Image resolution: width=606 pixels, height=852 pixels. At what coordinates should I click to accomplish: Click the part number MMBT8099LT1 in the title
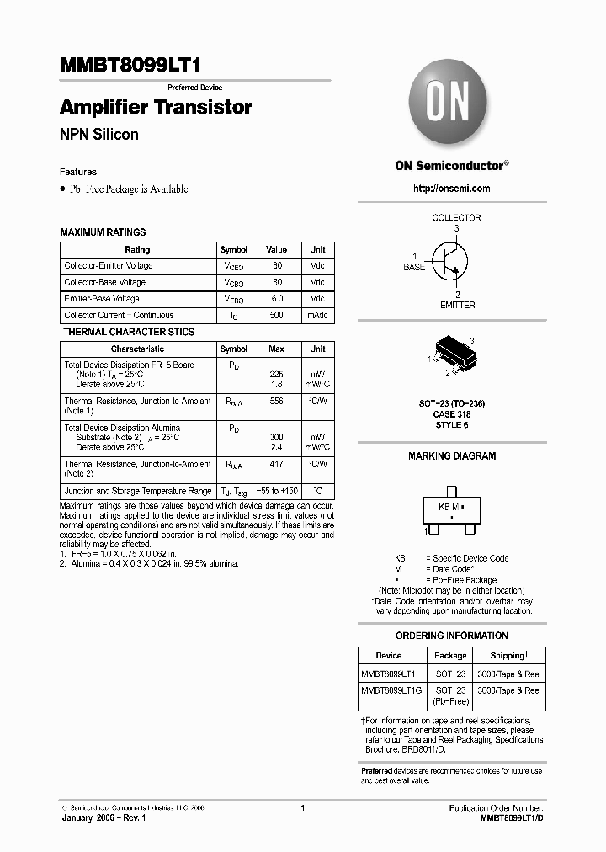coord(130,66)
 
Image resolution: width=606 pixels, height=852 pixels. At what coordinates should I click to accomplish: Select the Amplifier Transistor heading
coord(156,108)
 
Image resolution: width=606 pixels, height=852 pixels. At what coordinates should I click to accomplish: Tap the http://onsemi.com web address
coord(452,189)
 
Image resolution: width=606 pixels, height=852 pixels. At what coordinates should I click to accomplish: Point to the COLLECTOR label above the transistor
coord(456,217)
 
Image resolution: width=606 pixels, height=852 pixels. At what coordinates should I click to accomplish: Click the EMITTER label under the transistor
coord(457,305)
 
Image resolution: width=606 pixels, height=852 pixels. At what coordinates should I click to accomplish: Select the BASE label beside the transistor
coord(414,266)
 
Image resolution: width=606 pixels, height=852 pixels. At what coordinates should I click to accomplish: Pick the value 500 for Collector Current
coord(277,315)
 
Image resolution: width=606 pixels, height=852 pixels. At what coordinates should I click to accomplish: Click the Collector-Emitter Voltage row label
coord(109,266)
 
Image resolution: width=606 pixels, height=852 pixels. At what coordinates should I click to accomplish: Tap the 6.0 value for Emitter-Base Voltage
coord(277,299)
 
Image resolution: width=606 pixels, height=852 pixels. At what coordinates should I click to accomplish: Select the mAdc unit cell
coord(317,315)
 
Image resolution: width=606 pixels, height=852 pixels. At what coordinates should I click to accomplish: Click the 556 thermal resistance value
coord(277,402)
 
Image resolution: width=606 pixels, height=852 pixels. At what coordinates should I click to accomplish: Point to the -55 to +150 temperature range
coord(277,491)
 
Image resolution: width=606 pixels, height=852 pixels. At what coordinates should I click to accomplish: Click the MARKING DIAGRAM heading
coord(452,455)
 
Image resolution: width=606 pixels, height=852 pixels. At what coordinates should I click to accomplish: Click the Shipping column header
coord(509,655)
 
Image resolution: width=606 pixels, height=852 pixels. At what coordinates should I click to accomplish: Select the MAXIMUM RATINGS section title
coord(104,232)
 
